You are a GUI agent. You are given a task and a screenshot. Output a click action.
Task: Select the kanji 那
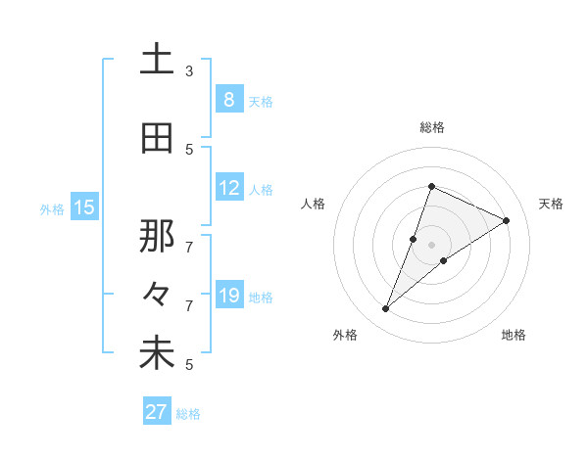[x=158, y=235]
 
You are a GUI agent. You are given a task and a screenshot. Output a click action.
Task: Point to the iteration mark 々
[x=157, y=294]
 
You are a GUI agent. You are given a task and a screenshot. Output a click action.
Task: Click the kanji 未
[x=158, y=353]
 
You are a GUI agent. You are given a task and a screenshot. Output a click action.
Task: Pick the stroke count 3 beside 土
[x=189, y=70]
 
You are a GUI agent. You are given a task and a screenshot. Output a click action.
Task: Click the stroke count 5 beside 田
[x=189, y=149]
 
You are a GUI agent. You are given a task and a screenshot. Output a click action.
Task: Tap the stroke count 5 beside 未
[x=189, y=364]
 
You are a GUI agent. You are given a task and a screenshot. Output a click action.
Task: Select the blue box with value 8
[x=228, y=99]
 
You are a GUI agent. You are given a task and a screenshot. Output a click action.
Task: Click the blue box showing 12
[x=228, y=188]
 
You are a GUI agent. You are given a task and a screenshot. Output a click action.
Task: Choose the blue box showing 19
[x=228, y=295]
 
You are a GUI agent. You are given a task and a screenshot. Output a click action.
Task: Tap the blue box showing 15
[x=84, y=207]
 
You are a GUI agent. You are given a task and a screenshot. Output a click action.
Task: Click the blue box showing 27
[x=157, y=412]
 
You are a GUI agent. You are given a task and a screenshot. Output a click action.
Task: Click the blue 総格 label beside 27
[x=189, y=414]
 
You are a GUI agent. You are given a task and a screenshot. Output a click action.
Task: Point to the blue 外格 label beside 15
[x=52, y=208]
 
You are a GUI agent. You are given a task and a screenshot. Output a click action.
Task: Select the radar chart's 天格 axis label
[x=552, y=204]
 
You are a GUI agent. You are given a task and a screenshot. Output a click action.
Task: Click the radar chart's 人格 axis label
[x=313, y=204]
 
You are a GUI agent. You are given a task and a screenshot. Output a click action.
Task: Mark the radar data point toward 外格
[x=386, y=309]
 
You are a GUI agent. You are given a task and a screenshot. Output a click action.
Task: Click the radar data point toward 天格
[x=506, y=221]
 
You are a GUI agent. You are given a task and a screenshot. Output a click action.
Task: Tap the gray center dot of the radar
[x=432, y=245]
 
